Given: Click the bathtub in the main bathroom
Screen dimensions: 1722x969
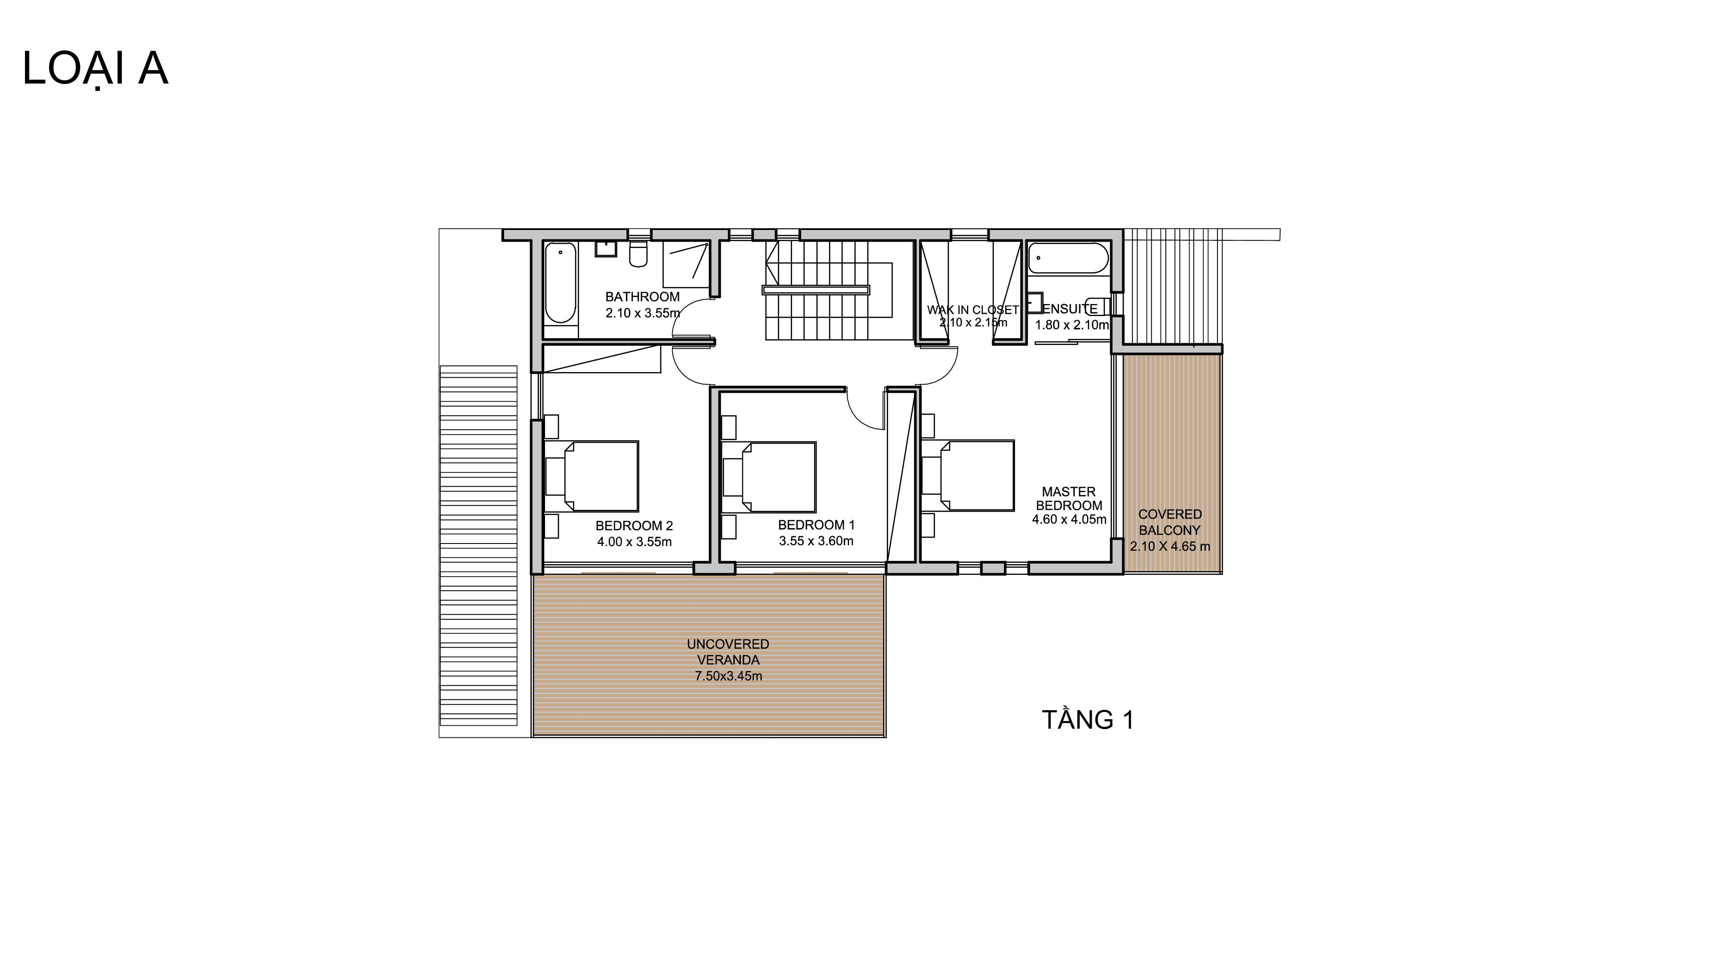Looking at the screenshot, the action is (x=560, y=283).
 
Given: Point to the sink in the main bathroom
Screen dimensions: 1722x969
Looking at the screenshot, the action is (x=606, y=249).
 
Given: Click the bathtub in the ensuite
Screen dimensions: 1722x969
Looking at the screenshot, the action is (x=1068, y=258).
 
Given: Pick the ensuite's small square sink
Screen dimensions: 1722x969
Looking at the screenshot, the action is (x=1035, y=302).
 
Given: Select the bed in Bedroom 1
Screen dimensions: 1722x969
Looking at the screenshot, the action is (x=769, y=477).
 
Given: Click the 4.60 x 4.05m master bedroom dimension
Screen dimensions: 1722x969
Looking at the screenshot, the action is (x=1069, y=520).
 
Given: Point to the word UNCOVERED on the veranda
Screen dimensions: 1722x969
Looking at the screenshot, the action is (x=728, y=644).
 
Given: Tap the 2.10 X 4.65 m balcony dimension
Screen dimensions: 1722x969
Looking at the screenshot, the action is (x=1170, y=547).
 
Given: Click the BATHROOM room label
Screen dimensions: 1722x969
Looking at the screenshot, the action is (x=642, y=297).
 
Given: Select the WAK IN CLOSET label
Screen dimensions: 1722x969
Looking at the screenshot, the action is (x=972, y=310).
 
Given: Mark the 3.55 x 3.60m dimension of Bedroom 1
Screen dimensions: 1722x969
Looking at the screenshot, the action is (x=816, y=541).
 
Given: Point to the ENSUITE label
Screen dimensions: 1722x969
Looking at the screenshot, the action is (x=1069, y=309).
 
